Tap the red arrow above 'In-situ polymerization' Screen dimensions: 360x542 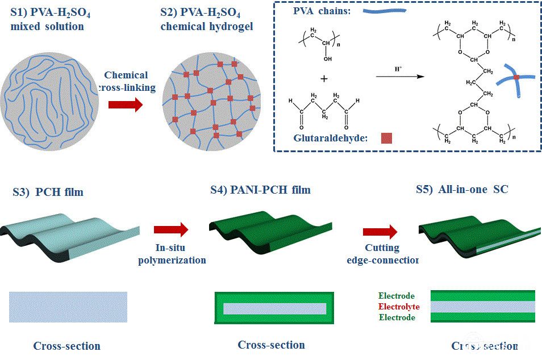pos(170,229)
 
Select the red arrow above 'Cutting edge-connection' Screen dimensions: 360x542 pos(380,231)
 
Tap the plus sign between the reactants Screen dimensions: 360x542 pos(324,79)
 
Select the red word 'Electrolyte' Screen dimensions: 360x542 pos(399,307)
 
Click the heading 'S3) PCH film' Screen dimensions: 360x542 pos(48,192)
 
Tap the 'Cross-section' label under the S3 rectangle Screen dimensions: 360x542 pos(66,346)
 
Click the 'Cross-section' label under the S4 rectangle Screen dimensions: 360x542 pos(271,345)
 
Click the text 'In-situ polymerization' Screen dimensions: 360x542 pos(180,254)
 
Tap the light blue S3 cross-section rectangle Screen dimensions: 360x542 pos(68,307)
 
